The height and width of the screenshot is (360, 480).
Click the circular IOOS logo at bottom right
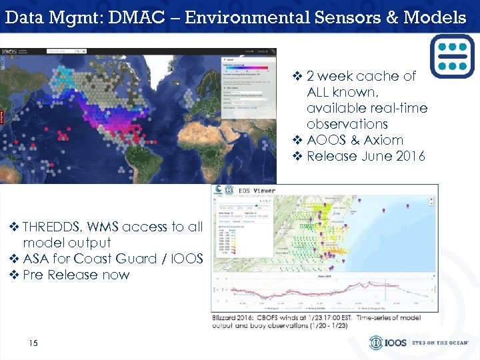377,343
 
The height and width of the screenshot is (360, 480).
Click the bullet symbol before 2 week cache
297,77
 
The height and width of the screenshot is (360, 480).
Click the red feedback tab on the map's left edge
2,117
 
